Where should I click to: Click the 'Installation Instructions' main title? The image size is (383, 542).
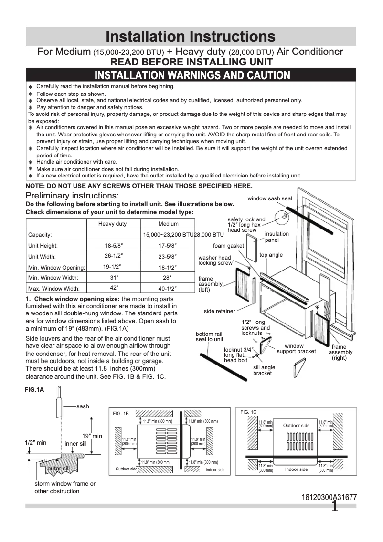tap(191, 36)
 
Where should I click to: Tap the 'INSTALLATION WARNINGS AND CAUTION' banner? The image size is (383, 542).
tap(192, 75)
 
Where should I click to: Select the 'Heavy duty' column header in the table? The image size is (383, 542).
tap(112, 224)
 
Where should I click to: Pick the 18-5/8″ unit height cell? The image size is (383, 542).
tap(115, 246)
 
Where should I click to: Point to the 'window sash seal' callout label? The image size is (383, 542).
tap(269, 198)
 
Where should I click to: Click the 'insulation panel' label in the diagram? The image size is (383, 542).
tap(277, 237)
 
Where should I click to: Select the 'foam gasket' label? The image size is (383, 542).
tap(228, 246)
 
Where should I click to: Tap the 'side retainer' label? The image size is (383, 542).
tap(219, 311)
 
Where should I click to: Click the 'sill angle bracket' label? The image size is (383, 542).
tap(264, 370)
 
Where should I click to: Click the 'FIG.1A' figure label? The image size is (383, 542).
tap(34, 389)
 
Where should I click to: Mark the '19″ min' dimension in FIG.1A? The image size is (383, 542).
tap(92, 436)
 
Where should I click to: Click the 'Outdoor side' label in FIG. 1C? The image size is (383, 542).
tap(296, 425)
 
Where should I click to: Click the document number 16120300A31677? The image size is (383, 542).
tap(329, 497)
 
